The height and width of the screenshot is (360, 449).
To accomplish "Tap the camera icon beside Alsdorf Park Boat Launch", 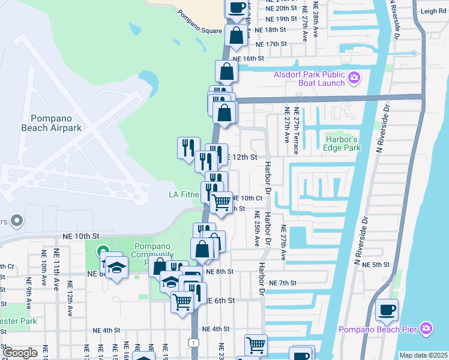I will click(354, 77).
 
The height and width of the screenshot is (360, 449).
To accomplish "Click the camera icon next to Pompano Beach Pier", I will click(426, 328).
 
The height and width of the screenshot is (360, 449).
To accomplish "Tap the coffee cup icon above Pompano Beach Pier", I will click(387, 310).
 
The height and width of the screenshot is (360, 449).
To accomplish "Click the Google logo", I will click(20, 352).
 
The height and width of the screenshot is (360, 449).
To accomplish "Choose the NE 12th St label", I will click(241, 157).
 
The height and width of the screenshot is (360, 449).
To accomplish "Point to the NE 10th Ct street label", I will click(247, 198).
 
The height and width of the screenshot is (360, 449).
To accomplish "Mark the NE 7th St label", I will click(283, 283).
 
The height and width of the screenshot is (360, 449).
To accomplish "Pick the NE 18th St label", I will click(270, 29).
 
